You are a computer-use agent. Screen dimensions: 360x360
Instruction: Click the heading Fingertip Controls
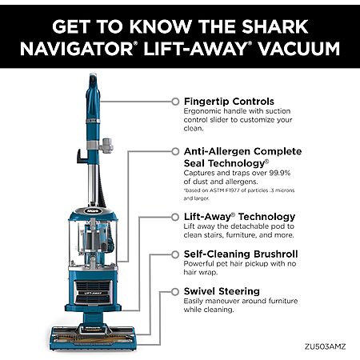pos(229,102)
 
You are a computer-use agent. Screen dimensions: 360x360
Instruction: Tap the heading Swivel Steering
pos(222,291)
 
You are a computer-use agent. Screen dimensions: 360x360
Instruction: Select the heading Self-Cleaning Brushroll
pos(241,254)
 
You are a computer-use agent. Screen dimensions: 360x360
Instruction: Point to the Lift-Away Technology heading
pos(239,217)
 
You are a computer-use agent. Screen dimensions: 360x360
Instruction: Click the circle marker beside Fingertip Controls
pos(175,102)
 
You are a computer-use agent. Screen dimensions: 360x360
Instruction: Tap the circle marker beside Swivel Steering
pos(175,292)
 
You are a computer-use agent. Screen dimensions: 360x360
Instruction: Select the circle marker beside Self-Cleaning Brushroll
pos(175,254)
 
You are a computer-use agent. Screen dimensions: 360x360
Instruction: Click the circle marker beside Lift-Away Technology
pos(175,217)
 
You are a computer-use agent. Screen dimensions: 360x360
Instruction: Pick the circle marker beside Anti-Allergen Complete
pos(175,151)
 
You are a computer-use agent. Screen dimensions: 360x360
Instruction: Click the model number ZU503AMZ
pos(326,346)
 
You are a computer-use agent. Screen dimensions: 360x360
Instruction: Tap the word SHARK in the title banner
pos(275,26)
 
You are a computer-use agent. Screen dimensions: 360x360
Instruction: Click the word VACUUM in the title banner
pos(299,49)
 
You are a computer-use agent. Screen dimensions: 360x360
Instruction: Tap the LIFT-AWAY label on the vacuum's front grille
pos(93,294)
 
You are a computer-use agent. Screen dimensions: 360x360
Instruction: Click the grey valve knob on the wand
pos(106,146)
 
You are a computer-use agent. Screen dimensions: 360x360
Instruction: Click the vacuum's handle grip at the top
pos(93,94)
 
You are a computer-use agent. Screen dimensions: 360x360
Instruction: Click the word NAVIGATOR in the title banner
pos(77,49)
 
